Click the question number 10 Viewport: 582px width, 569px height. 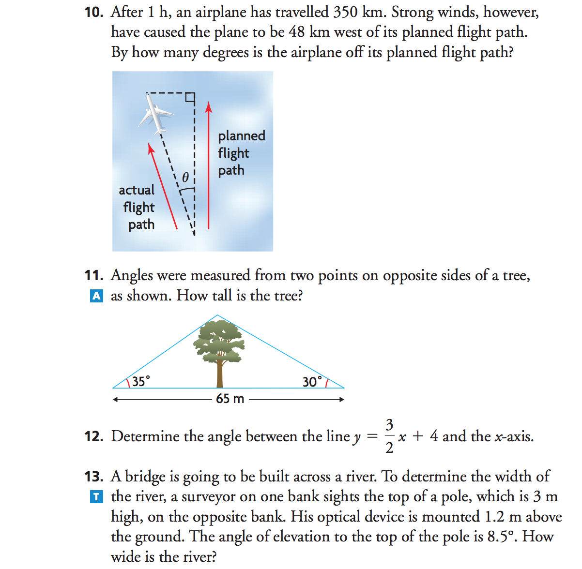[x=93, y=12]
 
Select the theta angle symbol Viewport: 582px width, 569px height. [x=185, y=177]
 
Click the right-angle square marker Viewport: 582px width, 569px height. [x=189, y=98]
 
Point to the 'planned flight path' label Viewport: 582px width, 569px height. [x=241, y=153]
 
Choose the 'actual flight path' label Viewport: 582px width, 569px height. [x=138, y=207]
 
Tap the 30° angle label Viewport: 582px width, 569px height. [x=312, y=382]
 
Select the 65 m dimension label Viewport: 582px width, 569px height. [x=230, y=399]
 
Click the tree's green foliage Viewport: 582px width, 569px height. [x=219, y=340]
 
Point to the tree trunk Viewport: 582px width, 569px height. [x=220, y=375]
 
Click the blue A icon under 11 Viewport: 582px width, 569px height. [x=96, y=296]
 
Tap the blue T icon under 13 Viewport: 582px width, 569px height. [x=96, y=496]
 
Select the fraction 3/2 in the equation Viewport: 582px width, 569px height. [x=389, y=436]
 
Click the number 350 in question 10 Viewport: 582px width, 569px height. [x=345, y=12]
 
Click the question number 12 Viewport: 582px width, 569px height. [x=93, y=436]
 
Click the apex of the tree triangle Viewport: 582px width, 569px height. [x=217, y=315]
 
